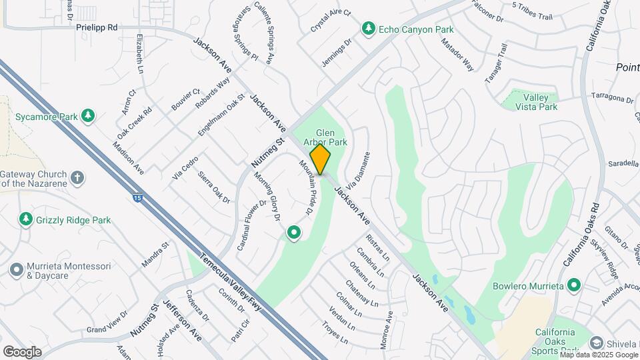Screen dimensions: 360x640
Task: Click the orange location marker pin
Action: click(x=321, y=159)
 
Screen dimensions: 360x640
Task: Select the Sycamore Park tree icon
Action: click(x=87, y=117)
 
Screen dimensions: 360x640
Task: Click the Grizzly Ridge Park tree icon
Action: click(x=26, y=219)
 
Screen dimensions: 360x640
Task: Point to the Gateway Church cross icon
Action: click(x=78, y=178)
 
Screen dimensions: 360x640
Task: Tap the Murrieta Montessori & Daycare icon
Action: click(x=17, y=270)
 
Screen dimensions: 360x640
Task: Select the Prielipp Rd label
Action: click(x=97, y=28)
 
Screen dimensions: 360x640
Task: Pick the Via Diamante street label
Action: click(x=357, y=170)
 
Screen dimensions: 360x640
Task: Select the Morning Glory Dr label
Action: click(x=267, y=196)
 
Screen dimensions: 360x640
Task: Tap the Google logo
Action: click(x=22, y=352)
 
